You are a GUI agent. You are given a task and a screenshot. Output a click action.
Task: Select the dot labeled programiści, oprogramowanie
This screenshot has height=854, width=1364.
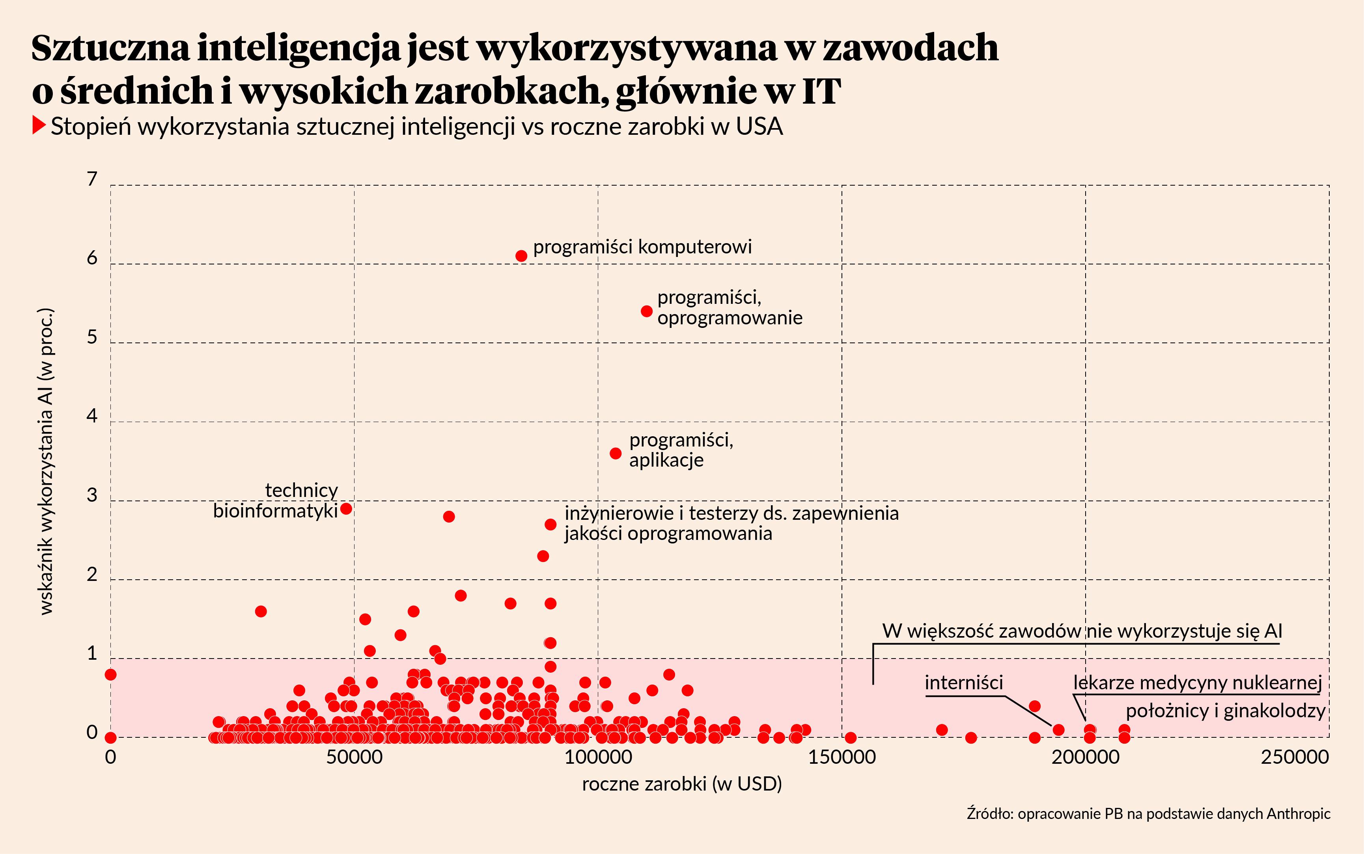click(647, 311)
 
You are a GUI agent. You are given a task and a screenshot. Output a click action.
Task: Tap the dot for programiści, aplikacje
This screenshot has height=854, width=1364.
click(616, 454)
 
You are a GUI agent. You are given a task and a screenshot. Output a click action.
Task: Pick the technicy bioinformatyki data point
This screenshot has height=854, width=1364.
click(346, 508)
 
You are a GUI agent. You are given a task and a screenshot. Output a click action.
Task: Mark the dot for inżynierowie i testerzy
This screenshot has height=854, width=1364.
click(550, 525)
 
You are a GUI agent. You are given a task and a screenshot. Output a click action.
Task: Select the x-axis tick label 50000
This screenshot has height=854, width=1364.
click(354, 757)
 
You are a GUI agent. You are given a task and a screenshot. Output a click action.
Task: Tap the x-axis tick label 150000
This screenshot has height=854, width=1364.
click(842, 757)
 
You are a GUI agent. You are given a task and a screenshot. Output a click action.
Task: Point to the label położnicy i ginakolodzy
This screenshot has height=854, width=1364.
click(1225, 711)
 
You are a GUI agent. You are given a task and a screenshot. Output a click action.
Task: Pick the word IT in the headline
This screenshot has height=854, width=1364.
click(821, 90)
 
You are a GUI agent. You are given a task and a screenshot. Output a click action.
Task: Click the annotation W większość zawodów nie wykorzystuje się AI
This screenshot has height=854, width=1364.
click(1082, 631)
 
